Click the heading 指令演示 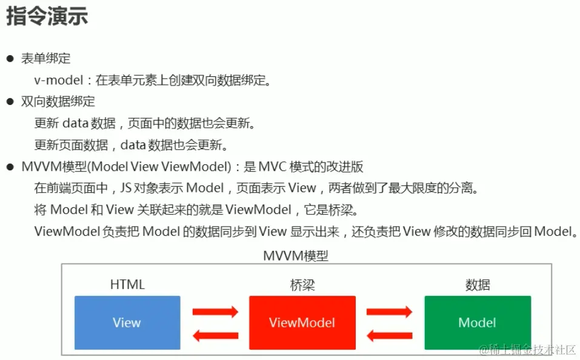point(47,16)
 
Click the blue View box point(127,322)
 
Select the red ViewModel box point(302,322)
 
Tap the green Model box point(477,322)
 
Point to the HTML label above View point(127,284)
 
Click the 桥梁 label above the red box point(302,284)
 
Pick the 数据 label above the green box point(477,284)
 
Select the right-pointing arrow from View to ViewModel point(215,312)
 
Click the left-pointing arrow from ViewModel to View point(215,335)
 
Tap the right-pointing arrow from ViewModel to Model point(389,312)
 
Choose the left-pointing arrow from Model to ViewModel point(389,335)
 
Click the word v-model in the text point(61,80)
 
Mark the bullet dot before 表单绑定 point(10,59)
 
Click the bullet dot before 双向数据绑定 point(10,102)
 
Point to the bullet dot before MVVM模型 point(10,167)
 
